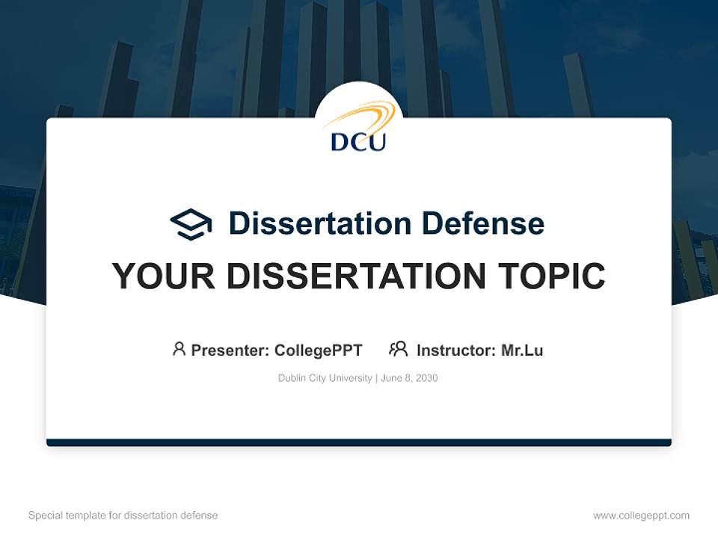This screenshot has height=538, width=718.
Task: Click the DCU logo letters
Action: [x=358, y=140]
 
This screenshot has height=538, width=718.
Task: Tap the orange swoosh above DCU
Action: [x=360, y=117]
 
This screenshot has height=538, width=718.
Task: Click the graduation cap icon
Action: [x=191, y=224]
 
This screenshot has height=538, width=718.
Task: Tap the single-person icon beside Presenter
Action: [x=179, y=349]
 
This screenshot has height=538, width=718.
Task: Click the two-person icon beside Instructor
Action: [x=399, y=349]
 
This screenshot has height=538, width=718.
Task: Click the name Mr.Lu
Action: [x=522, y=350]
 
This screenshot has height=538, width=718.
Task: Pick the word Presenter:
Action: [x=230, y=350]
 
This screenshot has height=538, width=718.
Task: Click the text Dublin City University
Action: [x=325, y=378]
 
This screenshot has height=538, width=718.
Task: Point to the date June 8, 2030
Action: [x=409, y=378]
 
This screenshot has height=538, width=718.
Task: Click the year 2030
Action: [x=426, y=378]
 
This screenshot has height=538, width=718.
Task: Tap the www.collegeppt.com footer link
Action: [x=641, y=516]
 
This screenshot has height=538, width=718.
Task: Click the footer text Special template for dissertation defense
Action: [x=123, y=516]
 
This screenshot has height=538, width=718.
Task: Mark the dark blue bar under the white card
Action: [x=359, y=442]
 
